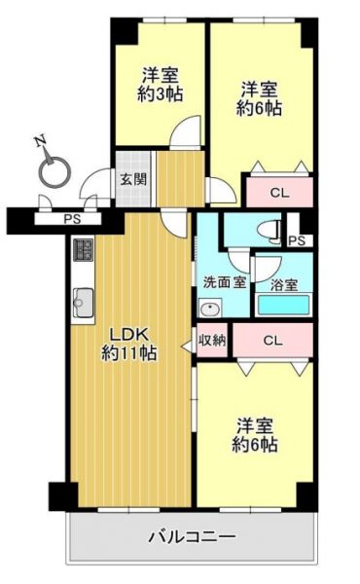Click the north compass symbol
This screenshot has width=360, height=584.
tap(54, 170)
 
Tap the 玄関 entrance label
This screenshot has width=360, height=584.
tap(133, 179)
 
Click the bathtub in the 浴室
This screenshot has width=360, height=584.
tap(284, 305)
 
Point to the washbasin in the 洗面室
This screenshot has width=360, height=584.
tap(210, 308)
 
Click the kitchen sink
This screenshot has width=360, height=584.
tap(83, 303)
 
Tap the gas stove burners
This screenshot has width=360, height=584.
tap(84, 250)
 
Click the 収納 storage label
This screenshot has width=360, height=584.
tap(212, 340)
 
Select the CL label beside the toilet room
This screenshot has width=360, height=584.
tap(279, 193)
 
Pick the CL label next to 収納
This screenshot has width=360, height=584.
tap(272, 340)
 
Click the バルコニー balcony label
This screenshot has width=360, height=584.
tap(192, 536)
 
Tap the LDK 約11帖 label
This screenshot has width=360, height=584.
tap(128, 344)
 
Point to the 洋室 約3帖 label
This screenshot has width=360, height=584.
tap(161, 85)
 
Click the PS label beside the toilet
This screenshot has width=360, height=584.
tap(297, 241)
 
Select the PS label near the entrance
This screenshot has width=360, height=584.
tap(72, 219)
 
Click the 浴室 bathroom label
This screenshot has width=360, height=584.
tap(284, 285)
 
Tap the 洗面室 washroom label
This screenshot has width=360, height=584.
tap(225, 282)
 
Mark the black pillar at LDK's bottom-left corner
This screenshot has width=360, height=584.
tap(63, 496)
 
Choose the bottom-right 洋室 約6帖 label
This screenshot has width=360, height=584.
tap(255, 435)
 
